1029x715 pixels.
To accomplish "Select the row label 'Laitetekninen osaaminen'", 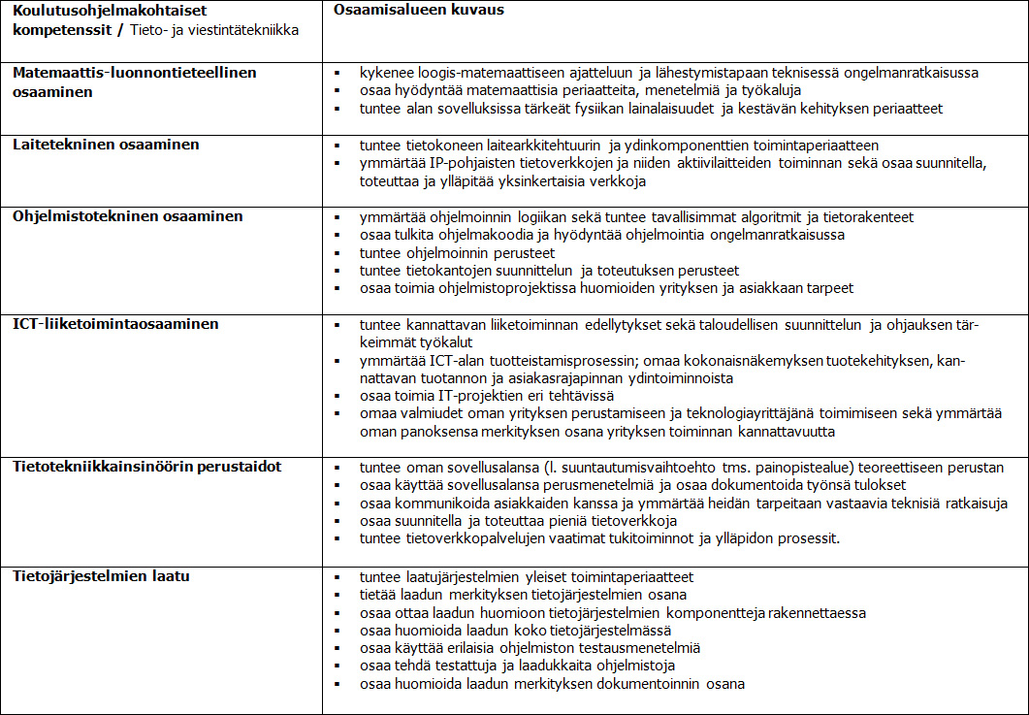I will (106, 145).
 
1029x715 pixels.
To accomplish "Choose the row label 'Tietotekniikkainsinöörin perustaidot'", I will (146, 467).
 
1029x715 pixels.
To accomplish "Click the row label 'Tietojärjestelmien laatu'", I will (100, 576).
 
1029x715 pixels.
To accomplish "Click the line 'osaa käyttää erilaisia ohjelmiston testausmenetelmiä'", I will (530, 648).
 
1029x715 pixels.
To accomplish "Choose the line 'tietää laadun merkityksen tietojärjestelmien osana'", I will (523, 595).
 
